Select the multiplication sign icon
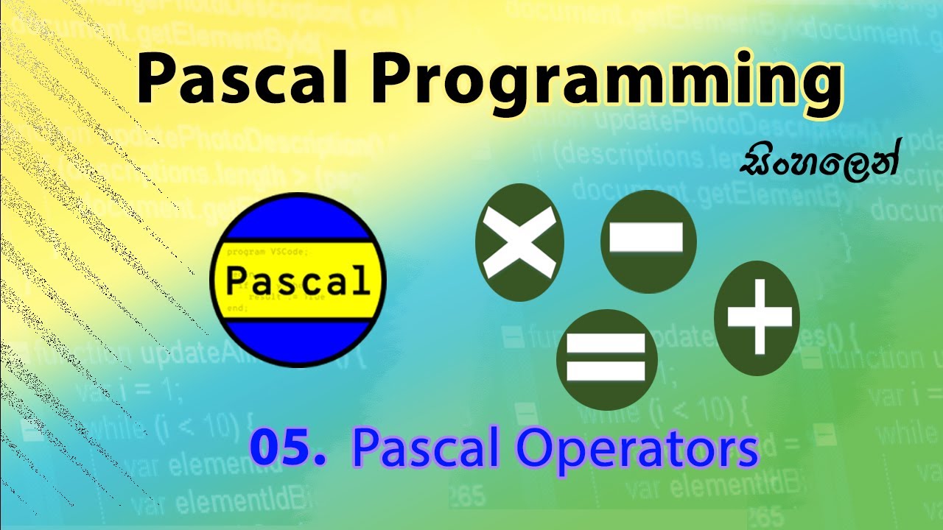pos(519,242)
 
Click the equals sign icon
pos(606,358)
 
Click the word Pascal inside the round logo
pos(297,281)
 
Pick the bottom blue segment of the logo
pos(297,342)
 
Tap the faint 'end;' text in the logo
pos(237,308)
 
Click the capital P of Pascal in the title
pos(158,80)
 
